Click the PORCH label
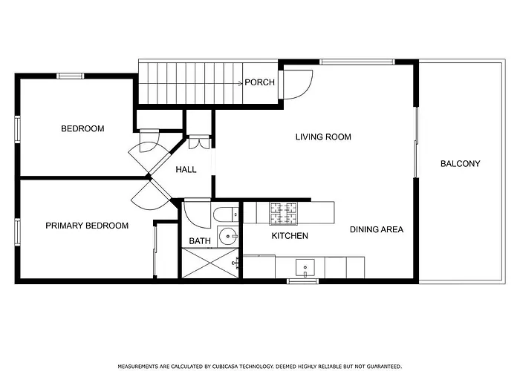[260, 82]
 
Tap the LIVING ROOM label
[323, 137]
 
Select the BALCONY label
[461, 164]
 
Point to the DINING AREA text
[377, 229]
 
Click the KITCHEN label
[290, 236]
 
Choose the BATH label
[200, 241]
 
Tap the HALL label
[186, 170]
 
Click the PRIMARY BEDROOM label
[87, 226]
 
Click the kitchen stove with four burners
[284, 213]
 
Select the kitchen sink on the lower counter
[305, 268]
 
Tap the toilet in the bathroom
[226, 214]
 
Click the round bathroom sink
[228, 237]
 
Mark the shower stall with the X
[210, 263]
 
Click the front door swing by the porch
[297, 85]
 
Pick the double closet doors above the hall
[199, 142]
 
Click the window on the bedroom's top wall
[71, 76]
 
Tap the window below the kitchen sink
[303, 281]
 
